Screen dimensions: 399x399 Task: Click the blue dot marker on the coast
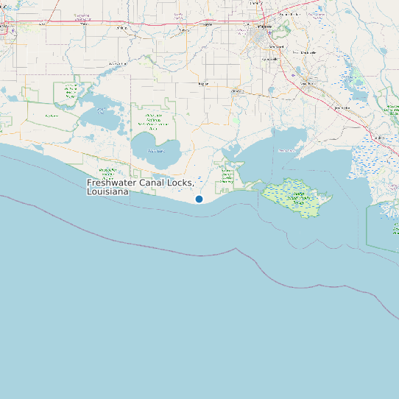[x=199, y=199]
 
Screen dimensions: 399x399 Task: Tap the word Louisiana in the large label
[x=107, y=191]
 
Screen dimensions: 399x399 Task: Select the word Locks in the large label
[x=181, y=183]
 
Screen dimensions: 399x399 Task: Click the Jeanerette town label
[x=342, y=108]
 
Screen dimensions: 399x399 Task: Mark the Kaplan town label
[x=203, y=84]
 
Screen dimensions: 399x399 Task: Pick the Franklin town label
[x=380, y=137]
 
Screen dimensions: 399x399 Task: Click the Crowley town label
[x=205, y=24]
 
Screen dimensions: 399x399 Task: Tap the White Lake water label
[x=156, y=150]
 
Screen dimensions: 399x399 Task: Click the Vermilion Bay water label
[x=286, y=150]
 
